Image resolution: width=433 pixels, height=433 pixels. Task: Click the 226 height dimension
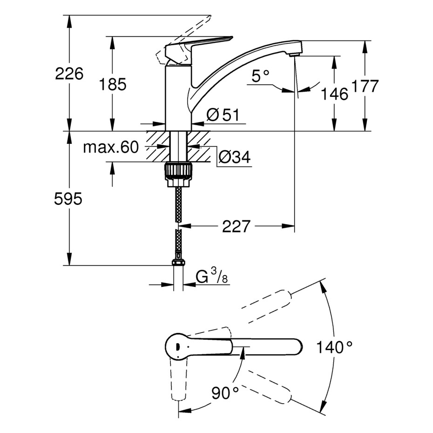click(69, 74)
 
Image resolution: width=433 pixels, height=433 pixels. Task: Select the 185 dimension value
click(112, 84)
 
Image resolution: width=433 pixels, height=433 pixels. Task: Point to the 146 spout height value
click(334, 94)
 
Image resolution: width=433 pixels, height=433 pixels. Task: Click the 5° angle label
click(260, 76)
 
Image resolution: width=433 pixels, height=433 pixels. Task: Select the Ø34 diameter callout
click(235, 157)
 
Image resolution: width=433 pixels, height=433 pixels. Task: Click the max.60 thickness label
click(111, 147)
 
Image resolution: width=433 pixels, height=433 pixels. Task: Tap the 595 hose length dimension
click(68, 198)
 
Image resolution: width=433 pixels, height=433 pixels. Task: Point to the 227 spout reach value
click(236, 226)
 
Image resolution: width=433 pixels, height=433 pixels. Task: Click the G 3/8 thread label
click(212, 276)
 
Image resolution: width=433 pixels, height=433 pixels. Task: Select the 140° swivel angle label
click(334, 347)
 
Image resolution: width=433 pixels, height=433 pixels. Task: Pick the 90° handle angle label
click(225, 392)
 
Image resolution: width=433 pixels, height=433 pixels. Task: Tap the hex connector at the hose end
click(178, 262)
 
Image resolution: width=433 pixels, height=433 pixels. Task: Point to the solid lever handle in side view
click(199, 44)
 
